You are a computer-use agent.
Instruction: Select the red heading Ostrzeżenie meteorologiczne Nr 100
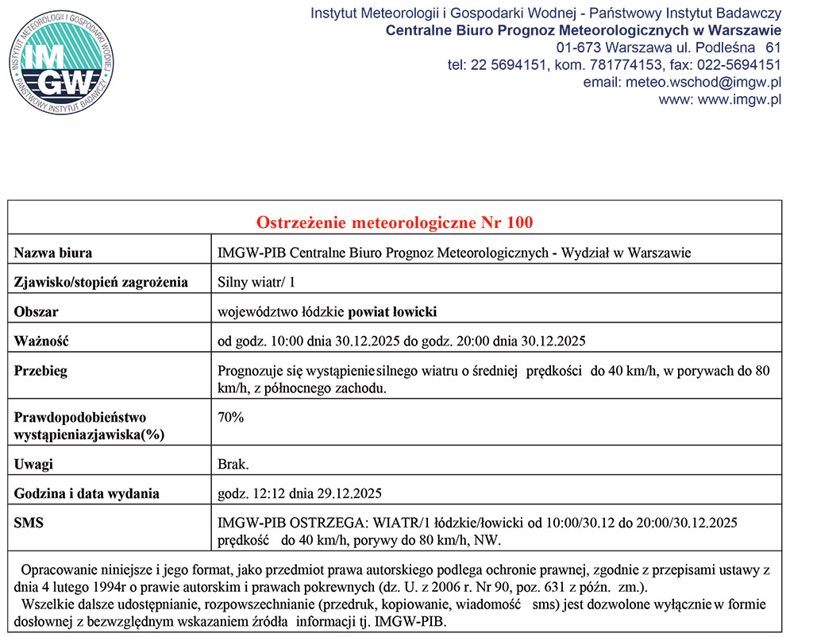click(395, 222)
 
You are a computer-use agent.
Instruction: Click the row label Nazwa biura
click(53, 253)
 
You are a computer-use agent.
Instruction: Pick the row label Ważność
click(42, 342)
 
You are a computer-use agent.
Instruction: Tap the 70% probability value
click(231, 417)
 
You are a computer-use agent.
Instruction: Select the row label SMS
click(29, 523)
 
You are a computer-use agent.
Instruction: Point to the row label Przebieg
click(40, 371)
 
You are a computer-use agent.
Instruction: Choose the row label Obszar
click(37, 311)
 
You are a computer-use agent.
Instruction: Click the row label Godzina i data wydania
click(87, 493)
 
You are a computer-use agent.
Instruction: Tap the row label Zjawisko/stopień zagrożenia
click(101, 282)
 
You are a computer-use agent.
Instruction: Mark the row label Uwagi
click(34, 464)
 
